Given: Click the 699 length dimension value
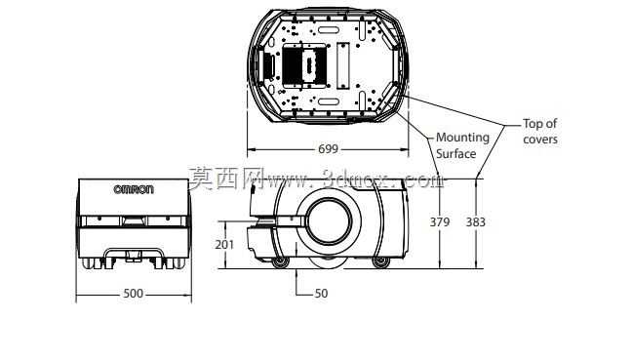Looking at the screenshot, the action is click(328, 149).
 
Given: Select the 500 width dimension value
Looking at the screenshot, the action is click(133, 294).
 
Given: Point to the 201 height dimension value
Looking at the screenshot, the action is click(224, 244).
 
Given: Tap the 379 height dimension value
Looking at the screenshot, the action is click(439, 222).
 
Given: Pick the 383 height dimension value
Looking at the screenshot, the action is click(476, 222).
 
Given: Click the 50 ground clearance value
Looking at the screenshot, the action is click(321, 294).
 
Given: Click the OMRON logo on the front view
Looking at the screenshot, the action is click(134, 189).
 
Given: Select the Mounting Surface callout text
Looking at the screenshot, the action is click(462, 145).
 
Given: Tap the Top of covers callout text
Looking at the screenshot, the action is click(540, 132).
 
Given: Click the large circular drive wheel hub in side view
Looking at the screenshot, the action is click(330, 220).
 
